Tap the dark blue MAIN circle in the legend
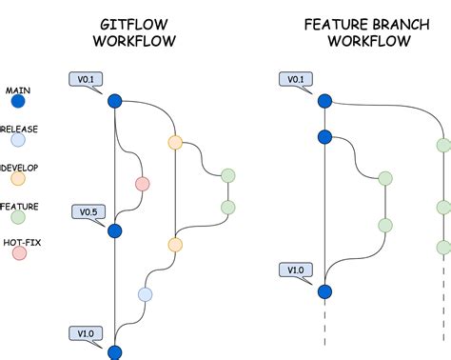pos(18,99)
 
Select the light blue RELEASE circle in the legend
pos(18,139)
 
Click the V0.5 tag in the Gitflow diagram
pos(86,210)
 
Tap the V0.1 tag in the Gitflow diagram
pos(86,78)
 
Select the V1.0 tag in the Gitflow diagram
pos(86,332)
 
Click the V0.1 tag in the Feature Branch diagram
pos(295,78)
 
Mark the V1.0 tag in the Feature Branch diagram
pos(295,270)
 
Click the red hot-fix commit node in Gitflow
pos(143,184)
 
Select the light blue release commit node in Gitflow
pos(145,294)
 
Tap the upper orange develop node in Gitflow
pos(175,143)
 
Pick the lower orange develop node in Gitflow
pos(175,245)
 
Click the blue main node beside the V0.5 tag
pos(115,230)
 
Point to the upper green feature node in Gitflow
pos(227,175)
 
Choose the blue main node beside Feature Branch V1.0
pos(324,291)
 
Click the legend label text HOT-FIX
pos(22,242)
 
